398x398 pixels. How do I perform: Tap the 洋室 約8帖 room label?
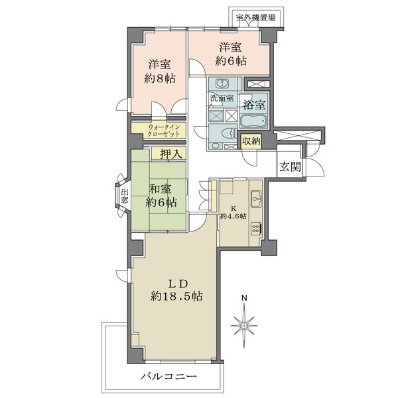tap(159, 71)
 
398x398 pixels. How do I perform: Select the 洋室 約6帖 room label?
tap(231, 54)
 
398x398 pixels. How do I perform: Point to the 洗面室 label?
tap(222, 98)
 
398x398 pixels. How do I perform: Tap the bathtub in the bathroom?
tap(253, 123)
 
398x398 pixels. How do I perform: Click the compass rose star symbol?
tap(244, 326)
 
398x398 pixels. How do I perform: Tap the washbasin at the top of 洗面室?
tap(221, 84)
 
